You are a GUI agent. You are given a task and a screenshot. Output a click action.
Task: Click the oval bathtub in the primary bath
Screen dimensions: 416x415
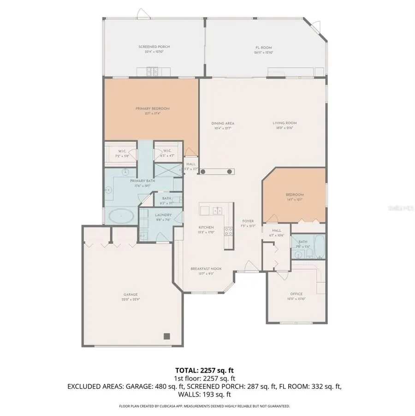point(121,215)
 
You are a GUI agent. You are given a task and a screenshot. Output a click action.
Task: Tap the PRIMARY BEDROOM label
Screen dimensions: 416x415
point(153,108)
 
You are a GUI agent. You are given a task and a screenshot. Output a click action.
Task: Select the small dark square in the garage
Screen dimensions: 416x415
point(167,336)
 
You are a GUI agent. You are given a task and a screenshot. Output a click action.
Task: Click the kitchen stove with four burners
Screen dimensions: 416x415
point(227,232)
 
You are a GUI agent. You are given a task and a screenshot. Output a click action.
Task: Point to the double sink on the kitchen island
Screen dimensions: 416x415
point(216,210)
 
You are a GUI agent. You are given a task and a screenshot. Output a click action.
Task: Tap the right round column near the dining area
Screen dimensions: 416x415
point(229,172)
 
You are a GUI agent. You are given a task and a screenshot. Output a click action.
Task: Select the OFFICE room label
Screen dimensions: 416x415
point(296,294)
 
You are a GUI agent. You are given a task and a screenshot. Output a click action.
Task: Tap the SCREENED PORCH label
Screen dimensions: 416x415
point(151,47)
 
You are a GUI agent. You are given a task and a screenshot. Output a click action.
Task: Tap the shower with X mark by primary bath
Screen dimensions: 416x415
point(165,170)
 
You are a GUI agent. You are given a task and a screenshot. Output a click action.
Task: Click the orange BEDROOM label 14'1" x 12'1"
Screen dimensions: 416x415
point(295,195)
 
